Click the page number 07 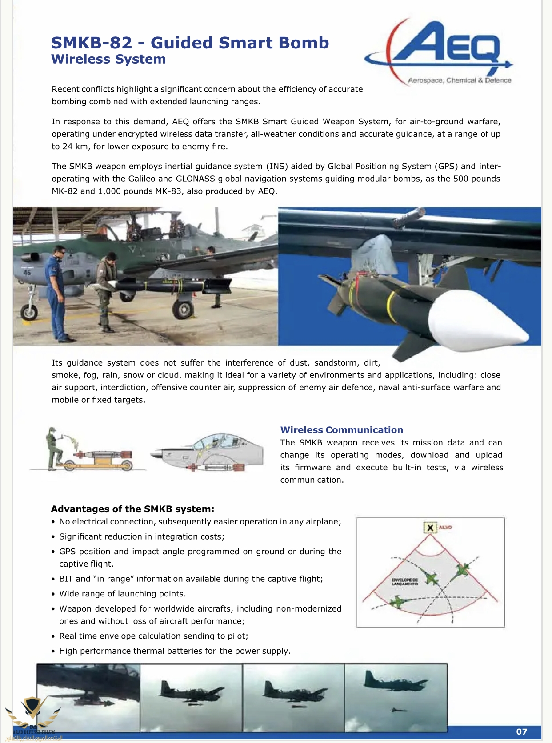522,731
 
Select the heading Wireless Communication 341,430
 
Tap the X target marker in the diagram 430,528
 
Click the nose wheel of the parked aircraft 29,311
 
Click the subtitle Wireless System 108,59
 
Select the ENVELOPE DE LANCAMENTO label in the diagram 404,582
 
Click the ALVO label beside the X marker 445,528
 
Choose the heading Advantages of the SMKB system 132,509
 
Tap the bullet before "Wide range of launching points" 53,594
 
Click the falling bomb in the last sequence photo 399,710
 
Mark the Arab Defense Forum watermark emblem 32,711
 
